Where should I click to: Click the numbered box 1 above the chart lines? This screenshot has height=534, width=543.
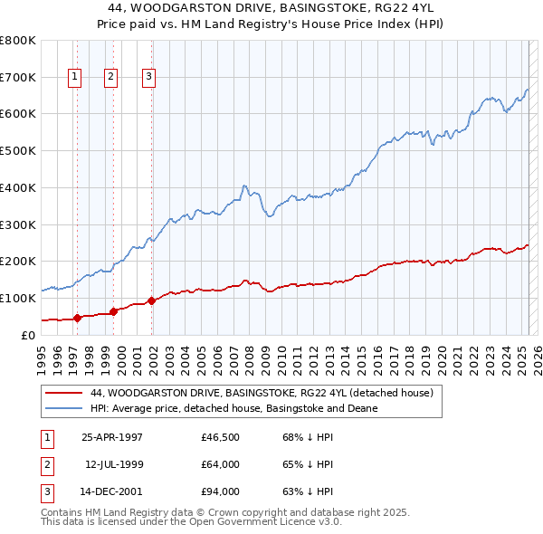point(74,78)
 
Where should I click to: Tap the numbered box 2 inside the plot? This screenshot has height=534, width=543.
point(110,78)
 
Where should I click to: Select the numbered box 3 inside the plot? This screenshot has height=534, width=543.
point(148,78)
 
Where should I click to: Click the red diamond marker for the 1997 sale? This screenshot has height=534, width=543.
point(78,317)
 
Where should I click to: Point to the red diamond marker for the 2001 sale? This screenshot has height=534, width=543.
point(152,300)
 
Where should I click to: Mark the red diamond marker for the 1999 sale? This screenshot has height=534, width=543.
point(114,311)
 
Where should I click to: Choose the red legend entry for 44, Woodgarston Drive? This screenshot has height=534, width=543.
point(262,394)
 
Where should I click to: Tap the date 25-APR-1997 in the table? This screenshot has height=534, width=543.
point(112,436)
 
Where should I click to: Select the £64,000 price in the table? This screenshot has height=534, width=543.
point(221,464)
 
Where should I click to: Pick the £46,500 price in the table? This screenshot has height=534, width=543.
point(221,436)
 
